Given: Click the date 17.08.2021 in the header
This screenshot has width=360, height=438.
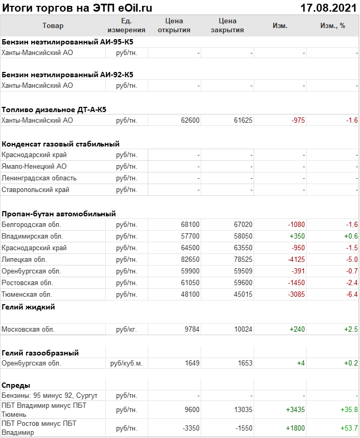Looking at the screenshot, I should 328,7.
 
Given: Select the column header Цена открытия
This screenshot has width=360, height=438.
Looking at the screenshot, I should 174,25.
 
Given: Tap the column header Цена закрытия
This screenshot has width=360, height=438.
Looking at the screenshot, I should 227,25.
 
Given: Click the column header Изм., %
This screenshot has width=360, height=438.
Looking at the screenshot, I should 332,25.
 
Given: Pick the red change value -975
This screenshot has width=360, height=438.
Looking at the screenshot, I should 298,121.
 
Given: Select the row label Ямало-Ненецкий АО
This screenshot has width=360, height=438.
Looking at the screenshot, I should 34,166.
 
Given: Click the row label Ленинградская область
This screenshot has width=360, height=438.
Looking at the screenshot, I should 39,178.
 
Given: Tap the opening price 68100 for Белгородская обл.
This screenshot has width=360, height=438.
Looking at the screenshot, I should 190,225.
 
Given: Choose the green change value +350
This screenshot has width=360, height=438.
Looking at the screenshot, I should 296,236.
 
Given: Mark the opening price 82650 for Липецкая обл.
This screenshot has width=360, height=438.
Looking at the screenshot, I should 190,260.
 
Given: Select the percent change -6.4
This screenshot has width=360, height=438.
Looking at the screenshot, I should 352,294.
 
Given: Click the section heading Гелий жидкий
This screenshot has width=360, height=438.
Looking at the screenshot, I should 29,307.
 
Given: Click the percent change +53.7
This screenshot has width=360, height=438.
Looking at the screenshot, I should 350,428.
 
